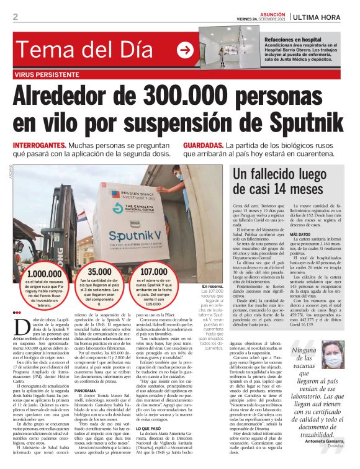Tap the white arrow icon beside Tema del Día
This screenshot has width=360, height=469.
[x=184, y=50]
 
